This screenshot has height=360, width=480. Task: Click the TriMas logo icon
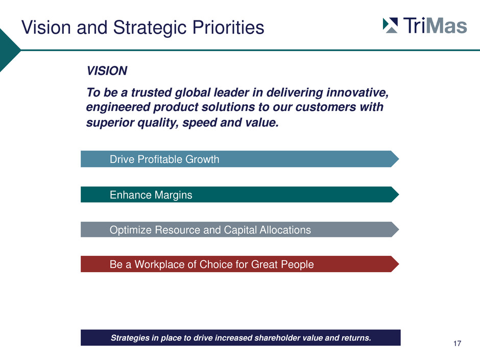pos(390,26)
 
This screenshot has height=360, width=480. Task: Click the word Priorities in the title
pos(228,28)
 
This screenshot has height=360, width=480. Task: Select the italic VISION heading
pos(107,70)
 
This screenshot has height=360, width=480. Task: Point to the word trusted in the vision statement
pos(151,92)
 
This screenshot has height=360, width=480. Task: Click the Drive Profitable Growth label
pos(164,159)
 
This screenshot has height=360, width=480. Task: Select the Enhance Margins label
pos(151,195)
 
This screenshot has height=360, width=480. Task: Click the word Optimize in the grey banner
pos(131,230)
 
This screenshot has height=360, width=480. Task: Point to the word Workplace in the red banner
pos(159,264)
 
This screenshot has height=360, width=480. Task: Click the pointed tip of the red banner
pos(399,264)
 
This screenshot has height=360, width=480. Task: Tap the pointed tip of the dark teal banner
pos(399,195)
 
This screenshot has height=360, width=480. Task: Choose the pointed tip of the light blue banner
pos(399,159)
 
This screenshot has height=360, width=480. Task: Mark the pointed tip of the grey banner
pos(399,229)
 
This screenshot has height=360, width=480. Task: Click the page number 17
pos(457,344)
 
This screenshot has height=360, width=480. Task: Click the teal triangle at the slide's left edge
pos(9,50)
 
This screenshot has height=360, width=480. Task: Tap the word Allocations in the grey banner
pos(285,230)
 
